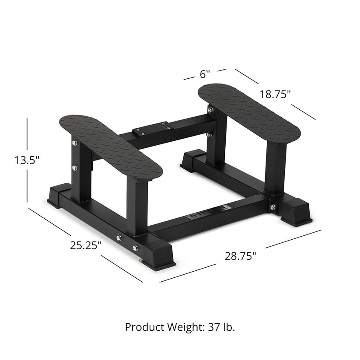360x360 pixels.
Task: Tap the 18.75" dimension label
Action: (275, 94)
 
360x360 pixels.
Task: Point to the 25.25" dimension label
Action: (86, 245)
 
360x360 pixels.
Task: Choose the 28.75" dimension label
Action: (241, 256)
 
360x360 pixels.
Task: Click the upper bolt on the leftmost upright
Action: (74, 143)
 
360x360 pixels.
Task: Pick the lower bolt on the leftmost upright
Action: (74, 168)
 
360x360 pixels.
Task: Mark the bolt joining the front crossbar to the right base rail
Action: (272, 207)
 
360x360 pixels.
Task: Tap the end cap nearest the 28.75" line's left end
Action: (158, 254)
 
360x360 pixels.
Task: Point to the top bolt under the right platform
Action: (210, 110)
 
